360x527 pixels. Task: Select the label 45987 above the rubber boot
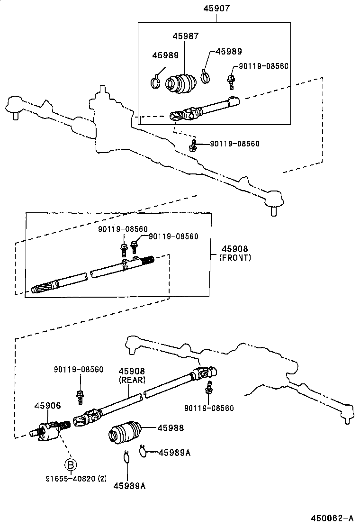(186, 36)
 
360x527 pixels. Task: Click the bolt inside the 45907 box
(231, 82)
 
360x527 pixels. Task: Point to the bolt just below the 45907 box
(193, 145)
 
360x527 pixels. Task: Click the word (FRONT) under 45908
(235, 258)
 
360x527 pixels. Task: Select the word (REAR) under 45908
(132, 380)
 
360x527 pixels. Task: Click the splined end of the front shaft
(41, 288)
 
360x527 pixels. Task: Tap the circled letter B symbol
(71, 463)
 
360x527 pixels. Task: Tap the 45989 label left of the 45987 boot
(165, 55)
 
